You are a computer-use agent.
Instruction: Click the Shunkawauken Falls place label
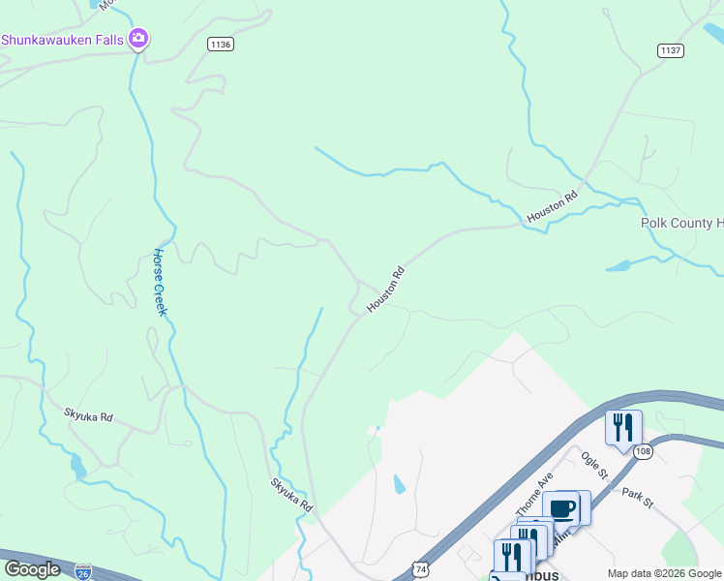63,40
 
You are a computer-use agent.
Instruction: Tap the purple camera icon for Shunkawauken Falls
138,39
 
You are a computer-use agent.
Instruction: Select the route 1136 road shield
221,44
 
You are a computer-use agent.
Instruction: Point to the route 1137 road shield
671,50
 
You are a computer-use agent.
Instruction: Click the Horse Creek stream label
160,282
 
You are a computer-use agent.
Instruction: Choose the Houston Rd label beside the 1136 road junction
384,290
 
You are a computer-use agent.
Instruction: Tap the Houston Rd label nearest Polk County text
552,207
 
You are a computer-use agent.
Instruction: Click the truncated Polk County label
682,223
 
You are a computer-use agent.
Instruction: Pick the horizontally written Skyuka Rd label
89,416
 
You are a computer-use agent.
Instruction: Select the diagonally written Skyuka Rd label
291,494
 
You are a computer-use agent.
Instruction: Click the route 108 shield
645,452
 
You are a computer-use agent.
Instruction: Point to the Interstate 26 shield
84,572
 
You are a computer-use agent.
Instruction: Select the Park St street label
638,497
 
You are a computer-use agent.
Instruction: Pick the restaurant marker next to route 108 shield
622,426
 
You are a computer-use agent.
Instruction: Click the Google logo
32,569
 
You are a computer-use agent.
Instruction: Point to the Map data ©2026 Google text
663,573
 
